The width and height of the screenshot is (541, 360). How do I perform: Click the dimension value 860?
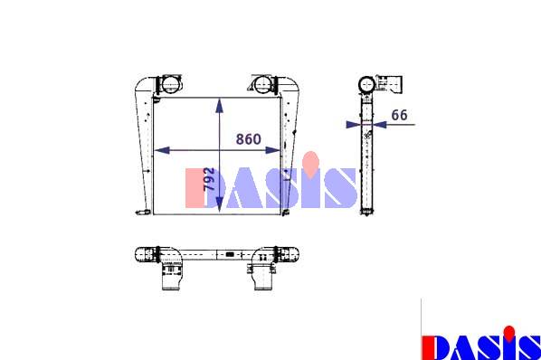[249, 139]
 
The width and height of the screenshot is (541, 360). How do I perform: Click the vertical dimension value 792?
[209, 179]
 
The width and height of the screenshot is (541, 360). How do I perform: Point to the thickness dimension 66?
[399, 115]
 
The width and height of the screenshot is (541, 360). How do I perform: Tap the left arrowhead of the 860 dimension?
[162, 150]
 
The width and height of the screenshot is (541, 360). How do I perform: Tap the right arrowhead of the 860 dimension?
[272, 150]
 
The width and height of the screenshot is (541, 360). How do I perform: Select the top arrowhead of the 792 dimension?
[220, 106]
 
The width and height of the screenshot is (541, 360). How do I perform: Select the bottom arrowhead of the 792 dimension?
[220, 205]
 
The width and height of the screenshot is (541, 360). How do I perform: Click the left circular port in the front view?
[170, 84]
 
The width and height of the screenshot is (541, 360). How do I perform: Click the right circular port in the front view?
[263, 85]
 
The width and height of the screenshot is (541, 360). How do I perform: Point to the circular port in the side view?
[366, 84]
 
